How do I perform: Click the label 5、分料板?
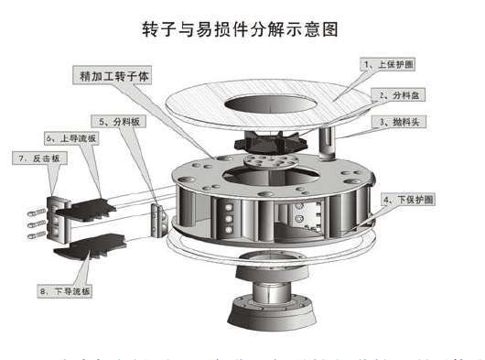pyautogui.click(x=118, y=121)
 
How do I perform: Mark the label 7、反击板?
pyautogui.click(x=38, y=158)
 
